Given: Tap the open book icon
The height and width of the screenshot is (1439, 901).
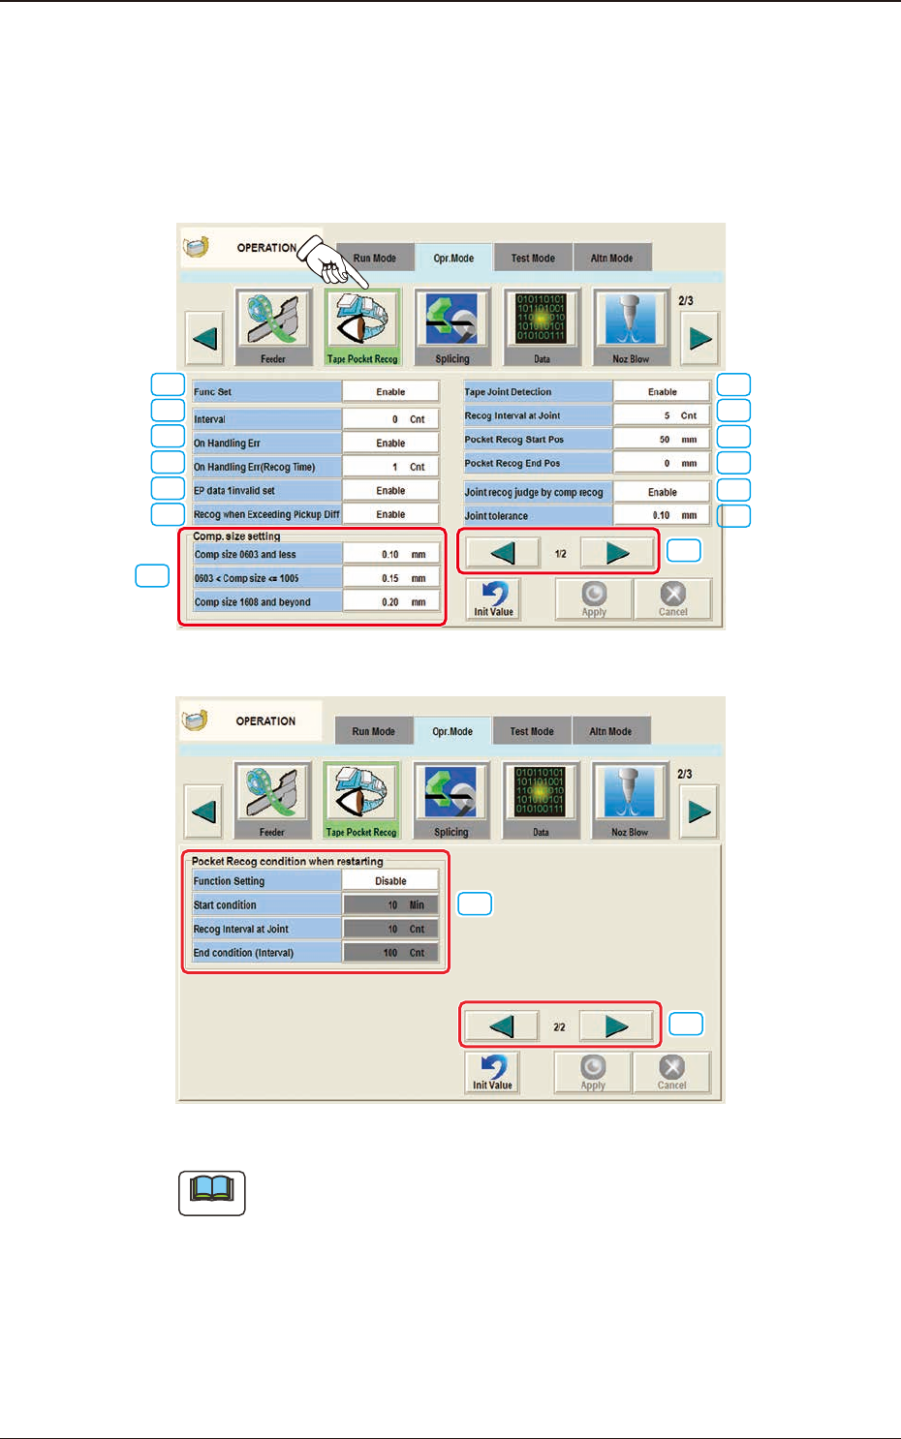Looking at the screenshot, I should coord(212,1192).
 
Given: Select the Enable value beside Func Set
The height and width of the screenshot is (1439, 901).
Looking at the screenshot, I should coord(390,392).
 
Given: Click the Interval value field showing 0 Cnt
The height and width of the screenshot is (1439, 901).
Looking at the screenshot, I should coord(390,419).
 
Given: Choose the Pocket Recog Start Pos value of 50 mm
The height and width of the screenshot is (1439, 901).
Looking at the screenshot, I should coord(662,440).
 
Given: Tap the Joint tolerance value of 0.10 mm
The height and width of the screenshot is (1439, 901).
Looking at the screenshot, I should coord(662,516).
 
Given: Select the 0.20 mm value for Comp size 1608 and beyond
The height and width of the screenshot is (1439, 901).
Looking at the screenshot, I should coord(390,602).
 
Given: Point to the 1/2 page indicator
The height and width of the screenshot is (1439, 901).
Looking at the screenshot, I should coord(561,554).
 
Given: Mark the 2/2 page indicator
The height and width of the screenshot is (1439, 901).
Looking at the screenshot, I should coord(559,1027).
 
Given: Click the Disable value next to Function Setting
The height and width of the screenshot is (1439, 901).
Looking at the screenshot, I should coord(390,881).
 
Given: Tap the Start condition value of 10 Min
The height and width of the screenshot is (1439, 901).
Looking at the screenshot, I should coord(390,905).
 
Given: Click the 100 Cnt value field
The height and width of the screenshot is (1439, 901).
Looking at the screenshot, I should coord(390,953).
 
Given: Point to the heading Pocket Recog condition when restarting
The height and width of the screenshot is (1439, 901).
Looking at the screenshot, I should coord(287,861).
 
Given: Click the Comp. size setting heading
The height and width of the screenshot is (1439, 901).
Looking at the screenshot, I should coord(236,536).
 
